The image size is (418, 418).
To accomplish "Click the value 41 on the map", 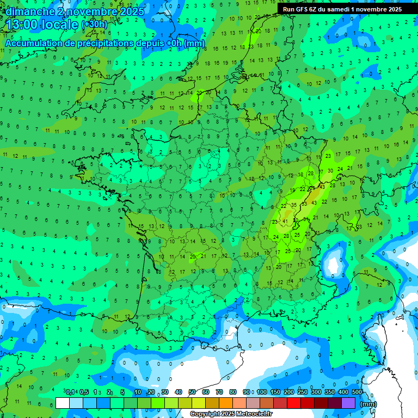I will [285, 222].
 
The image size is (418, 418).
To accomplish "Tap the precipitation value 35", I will [294, 205].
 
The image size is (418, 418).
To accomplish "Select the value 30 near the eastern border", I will [330, 171].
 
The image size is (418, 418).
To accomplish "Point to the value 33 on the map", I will [305, 203].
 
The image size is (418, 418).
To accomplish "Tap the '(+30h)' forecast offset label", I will [94, 24].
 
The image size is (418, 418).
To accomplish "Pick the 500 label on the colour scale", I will [357, 392].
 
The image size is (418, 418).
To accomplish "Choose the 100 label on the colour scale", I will [262, 392].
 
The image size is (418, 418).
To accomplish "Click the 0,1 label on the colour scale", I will [70, 392].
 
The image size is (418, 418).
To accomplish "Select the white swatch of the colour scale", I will [63, 403].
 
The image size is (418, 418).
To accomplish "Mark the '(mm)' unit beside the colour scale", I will [368, 404].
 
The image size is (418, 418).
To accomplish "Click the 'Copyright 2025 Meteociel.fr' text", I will [231, 414].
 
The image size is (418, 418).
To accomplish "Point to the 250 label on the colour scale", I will [303, 392].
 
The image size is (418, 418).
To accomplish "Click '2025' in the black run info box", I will [391, 9].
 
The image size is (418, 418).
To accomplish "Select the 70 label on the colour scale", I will [219, 392].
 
